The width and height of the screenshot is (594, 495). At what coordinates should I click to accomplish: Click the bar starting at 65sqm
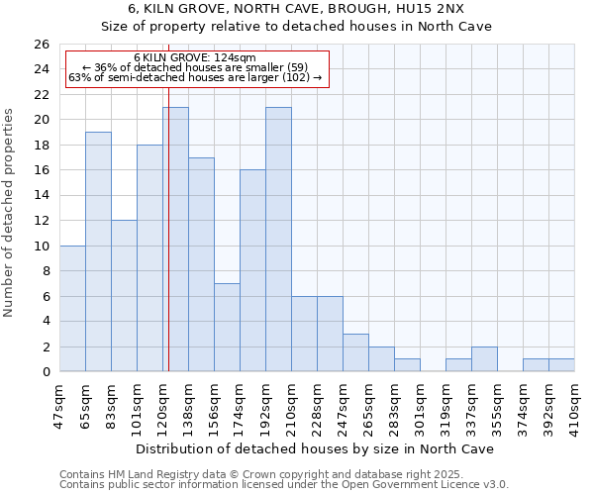point(98,251)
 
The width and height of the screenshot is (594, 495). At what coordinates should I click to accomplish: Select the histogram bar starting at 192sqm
point(278,239)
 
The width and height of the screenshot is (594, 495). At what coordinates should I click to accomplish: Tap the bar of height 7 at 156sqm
point(227,328)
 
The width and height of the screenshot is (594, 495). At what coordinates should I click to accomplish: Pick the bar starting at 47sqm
point(72,308)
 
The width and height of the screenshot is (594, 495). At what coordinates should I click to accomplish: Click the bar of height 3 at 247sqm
point(355,352)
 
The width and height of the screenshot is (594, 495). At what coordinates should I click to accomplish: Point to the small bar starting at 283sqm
point(407,365)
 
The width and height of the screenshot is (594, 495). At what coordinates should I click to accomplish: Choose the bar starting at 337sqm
point(484,359)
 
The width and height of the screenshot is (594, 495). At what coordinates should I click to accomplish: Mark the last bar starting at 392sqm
point(561,365)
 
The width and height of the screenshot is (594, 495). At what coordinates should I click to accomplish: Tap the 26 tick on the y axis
point(41,45)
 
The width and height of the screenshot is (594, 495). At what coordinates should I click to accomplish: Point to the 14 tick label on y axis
point(41,196)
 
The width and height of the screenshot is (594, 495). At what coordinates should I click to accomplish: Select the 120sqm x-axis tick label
point(163,404)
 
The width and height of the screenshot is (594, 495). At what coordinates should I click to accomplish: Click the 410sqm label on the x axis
point(575,404)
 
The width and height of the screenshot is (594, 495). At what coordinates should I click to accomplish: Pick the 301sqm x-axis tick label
point(421,404)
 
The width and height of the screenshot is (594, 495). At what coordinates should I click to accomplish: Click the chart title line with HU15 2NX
point(296,9)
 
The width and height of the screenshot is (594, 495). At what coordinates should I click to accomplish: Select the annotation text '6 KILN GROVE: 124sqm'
point(195,58)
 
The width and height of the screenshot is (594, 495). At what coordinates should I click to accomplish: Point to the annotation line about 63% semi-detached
point(195,77)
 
